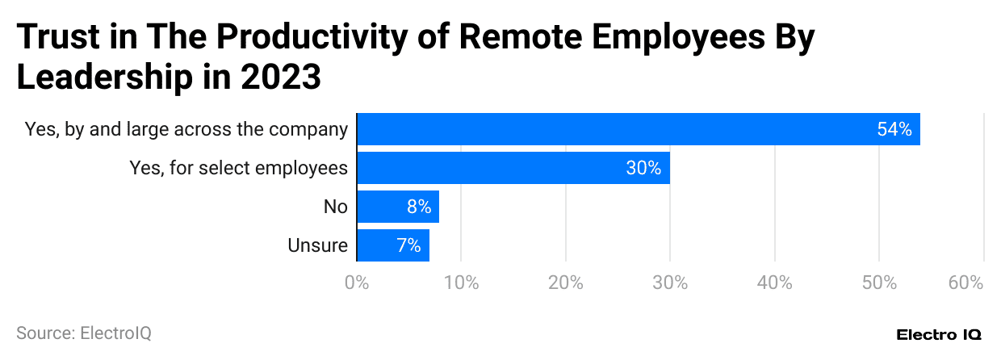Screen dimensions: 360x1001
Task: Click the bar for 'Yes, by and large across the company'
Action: (x=638, y=129)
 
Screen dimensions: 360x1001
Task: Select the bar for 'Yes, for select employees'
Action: (x=513, y=168)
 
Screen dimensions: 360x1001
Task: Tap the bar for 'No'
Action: (x=397, y=207)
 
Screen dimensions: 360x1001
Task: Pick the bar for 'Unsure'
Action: (x=392, y=245)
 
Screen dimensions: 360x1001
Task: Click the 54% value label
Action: (x=894, y=129)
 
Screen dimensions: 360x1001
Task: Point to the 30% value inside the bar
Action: (x=643, y=168)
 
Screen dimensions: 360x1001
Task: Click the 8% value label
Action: (x=419, y=207)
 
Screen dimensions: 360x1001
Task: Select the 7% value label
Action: (x=408, y=245)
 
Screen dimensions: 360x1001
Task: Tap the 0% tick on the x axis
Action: (x=356, y=283)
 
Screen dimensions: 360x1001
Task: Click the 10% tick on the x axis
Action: (x=461, y=283)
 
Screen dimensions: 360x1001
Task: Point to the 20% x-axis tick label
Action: (x=566, y=283)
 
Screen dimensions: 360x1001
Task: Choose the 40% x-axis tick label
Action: (x=775, y=283)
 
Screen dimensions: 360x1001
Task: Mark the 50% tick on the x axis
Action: (x=879, y=283)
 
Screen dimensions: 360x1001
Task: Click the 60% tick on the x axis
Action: (x=966, y=283)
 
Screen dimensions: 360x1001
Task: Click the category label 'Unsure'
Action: (x=317, y=245)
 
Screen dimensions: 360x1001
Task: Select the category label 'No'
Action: (x=335, y=207)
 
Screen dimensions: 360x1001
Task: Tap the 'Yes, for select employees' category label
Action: (x=239, y=168)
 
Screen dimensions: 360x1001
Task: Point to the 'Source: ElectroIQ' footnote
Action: (x=84, y=333)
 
